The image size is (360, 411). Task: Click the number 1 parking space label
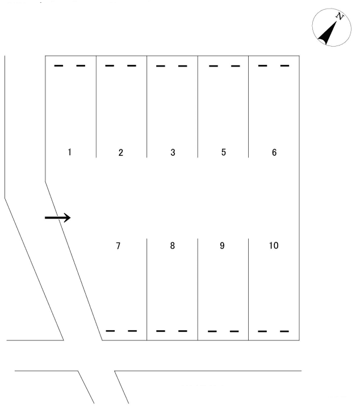click(69, 152)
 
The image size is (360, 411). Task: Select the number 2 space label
click(120, 152)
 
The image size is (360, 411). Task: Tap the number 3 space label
click(173, 152)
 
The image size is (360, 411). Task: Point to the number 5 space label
click(223, 152)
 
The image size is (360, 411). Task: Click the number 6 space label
click(274, 152)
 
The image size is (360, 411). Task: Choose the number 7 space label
click(118, 246)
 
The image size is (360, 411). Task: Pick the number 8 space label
click(172, 246)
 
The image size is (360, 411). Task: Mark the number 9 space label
click(222, 246)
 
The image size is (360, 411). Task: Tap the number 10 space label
click(274, 246)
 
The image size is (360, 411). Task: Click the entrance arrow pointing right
click(57, 218)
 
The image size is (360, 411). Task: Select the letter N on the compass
click(340, 16)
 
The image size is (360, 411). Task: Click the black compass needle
click(327, 33)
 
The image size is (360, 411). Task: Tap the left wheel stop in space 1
click(58, 65)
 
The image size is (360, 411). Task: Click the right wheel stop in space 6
click(284, 65)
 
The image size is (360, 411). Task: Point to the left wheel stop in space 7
click(110, 331)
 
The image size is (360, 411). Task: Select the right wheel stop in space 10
click(284, 331)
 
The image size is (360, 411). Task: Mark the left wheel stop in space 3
click(161, 66)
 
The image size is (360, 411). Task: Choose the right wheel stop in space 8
click(183, 331)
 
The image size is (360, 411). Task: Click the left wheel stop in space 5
click(214, 66)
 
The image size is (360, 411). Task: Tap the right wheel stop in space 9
click(235, 331)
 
